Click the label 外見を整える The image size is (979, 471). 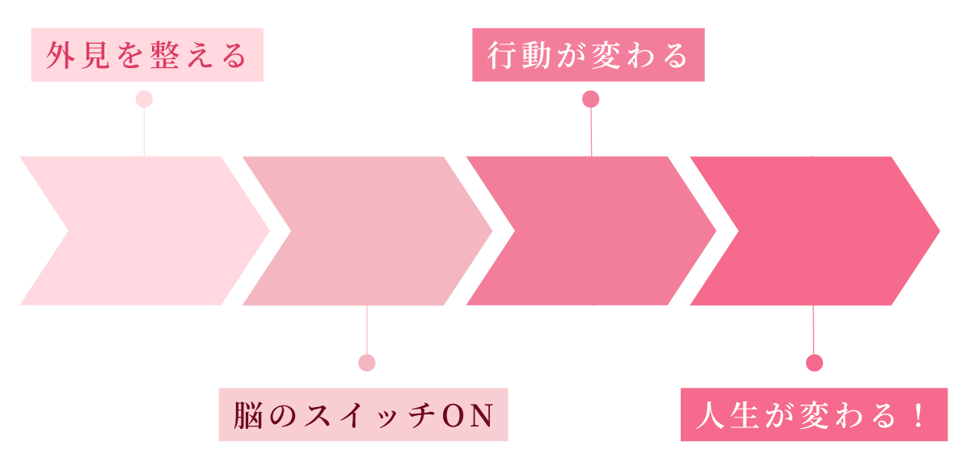pyautogui.click(x=147, y=55)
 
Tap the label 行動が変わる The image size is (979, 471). pyautogui.click(x=588, y=55)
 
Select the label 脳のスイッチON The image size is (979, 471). pyautogui.click(x=363, y=415)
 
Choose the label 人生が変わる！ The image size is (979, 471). pyautogui.click(x=814, y=415)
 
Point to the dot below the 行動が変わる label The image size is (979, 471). pyautogui.click(x=591, y=99)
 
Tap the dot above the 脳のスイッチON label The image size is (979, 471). pyautogui.click(x=367, y=363)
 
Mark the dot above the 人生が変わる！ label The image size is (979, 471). pyautogui.click(x=814, y=363)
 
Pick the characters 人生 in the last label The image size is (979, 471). pyautogui.click(x=724, y=416)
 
